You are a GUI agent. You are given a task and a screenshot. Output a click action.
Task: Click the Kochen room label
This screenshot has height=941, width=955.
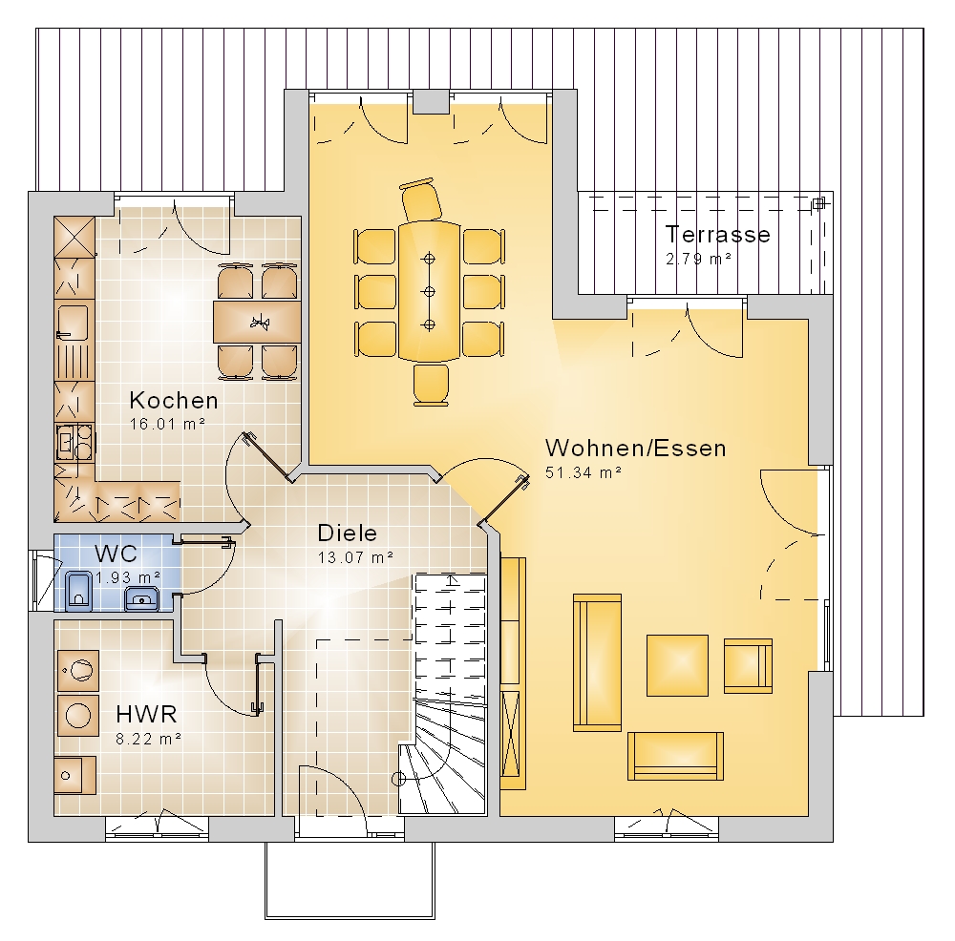tap(174, 401)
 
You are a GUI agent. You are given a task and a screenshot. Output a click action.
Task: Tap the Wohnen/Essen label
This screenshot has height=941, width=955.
tap(635, 448)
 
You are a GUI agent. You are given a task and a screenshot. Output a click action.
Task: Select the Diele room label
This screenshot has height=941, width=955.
tap(348, 533)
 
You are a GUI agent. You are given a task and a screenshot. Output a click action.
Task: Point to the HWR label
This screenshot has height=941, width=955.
tap(146, 713)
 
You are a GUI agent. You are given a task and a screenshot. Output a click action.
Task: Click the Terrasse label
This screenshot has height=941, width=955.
tap(717, 235)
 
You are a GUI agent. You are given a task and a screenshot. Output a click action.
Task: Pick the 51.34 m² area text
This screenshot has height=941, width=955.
tap(583, 472)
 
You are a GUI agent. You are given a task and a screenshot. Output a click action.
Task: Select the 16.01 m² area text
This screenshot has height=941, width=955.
tap(167, 425)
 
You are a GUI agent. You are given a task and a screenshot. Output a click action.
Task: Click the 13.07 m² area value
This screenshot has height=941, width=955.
tap(355, 557)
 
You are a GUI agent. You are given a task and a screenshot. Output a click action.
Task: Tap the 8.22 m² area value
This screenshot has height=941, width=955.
tap(149, 739)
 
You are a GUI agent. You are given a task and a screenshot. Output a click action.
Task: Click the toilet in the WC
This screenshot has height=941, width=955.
tap(78, 591)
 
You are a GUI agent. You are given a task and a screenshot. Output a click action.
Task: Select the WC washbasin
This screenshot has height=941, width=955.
tap(142, 599)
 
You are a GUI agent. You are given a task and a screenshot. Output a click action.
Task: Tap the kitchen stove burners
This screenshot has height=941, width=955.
tap(74, 443)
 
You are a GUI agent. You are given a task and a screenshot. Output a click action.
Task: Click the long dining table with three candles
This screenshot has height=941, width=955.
tap(430, 291)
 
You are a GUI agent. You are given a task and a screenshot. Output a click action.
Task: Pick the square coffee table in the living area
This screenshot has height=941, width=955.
tap(677, 664)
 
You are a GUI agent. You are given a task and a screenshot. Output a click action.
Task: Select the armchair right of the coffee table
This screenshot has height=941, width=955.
tap(748, 666)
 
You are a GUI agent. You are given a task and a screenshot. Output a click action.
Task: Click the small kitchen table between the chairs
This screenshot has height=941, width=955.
tap(257, 322)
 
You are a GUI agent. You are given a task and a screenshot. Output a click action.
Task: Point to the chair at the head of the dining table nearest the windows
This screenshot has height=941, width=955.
tap(420, 199)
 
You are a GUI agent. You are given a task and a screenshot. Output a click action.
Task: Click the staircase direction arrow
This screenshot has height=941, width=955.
tap(451, 579)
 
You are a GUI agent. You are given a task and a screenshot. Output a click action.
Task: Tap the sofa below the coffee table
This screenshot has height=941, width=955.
tap(675, 756)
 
